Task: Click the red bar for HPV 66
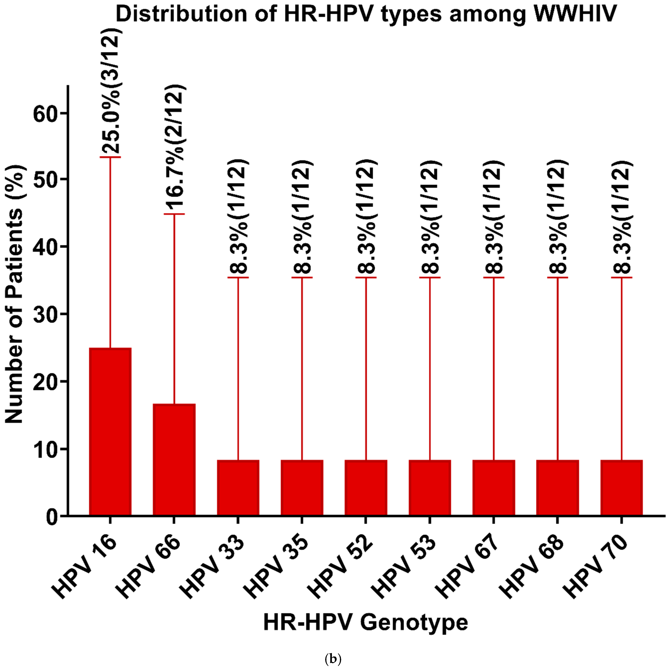click(174, 460)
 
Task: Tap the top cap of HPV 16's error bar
click(110, 157)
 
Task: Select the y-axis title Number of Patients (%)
click(14, 298)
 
